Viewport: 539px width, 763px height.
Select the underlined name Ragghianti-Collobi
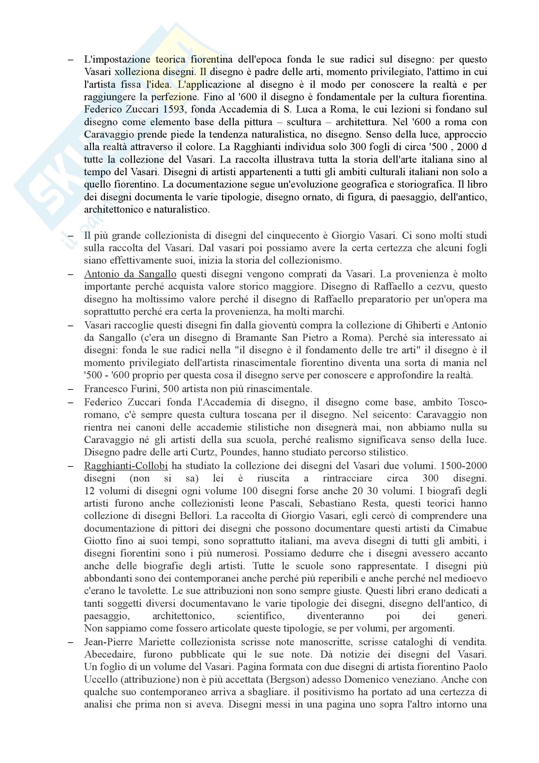coord(126,466)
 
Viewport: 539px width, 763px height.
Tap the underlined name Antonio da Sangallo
coord(130,274)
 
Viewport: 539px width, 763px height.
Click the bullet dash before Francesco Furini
coord(70,389)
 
